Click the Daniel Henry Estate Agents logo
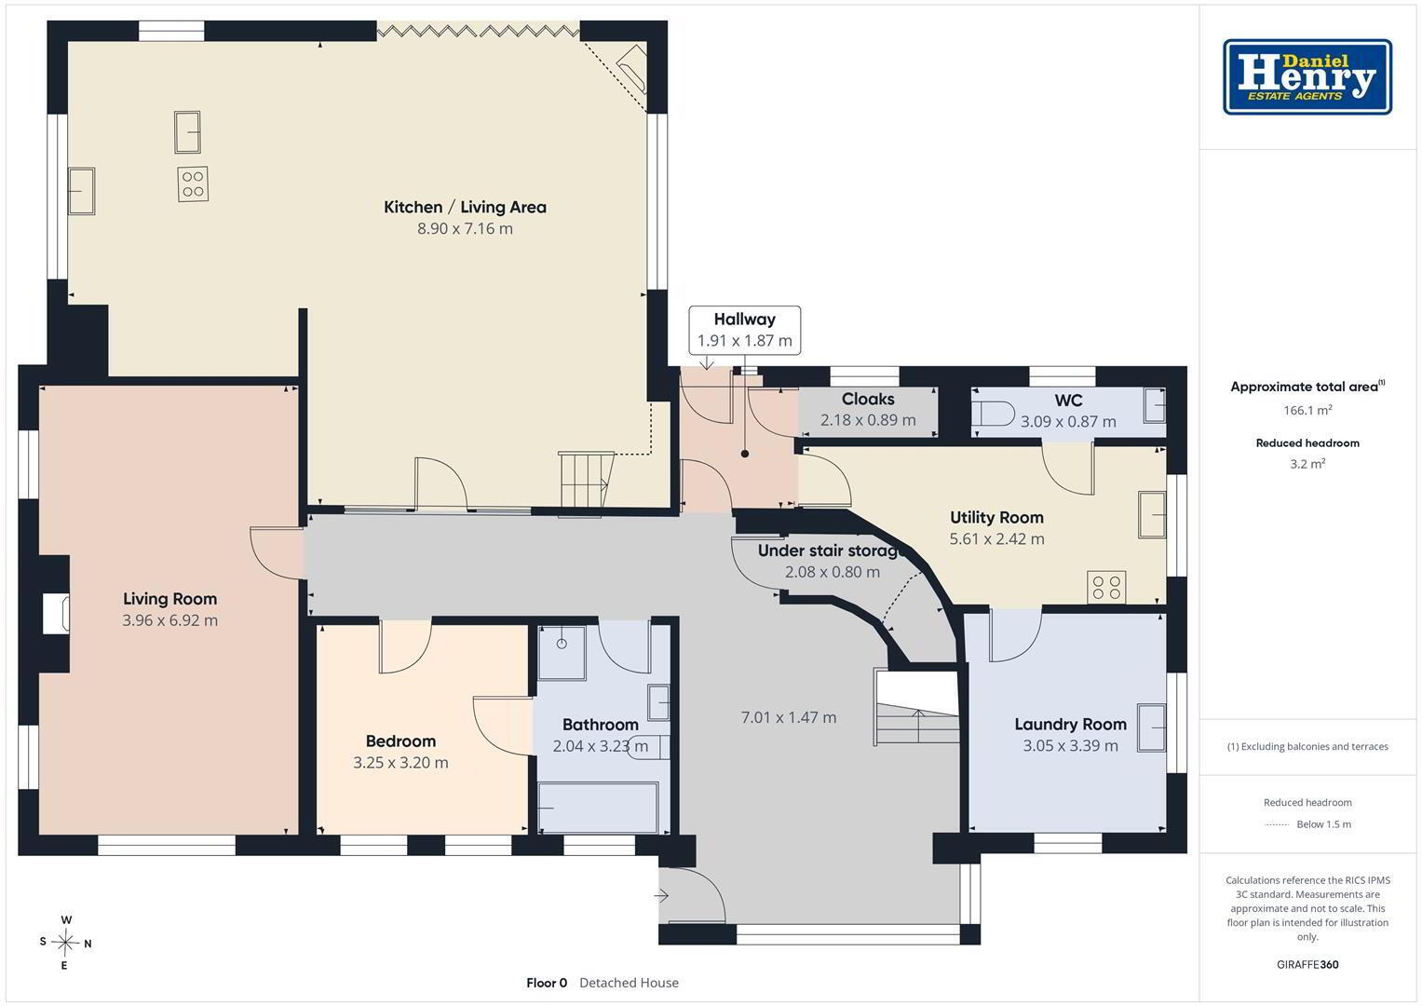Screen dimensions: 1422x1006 click(1307, 76)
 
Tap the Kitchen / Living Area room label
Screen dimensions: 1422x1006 click(465, 207)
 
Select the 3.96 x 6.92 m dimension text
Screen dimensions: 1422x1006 click(170, 619)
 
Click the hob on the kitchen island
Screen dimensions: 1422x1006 click(193, 184)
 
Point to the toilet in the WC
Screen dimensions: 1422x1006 click(994, 414)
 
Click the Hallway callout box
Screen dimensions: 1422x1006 click(745, 330)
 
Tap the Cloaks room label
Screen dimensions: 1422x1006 click(868, 399)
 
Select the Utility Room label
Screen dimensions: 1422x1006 click(996, 518)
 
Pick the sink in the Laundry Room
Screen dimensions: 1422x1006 click(1151, 727)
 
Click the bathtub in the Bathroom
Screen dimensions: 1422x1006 click(597, 808)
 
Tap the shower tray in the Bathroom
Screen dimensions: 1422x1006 click(562, 654)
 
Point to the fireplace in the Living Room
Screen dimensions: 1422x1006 click(56, 613)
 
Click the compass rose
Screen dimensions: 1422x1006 click(65, 943)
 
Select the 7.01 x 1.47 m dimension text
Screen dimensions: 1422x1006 click(789, 717)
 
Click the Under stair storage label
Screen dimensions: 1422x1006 click(832, 551)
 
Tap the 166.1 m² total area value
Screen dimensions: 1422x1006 click(1307, 410)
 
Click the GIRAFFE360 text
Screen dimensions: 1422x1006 click(1307, 964)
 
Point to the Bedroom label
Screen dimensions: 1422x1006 click(400, 741)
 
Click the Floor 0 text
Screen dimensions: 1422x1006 click(547, 983)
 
